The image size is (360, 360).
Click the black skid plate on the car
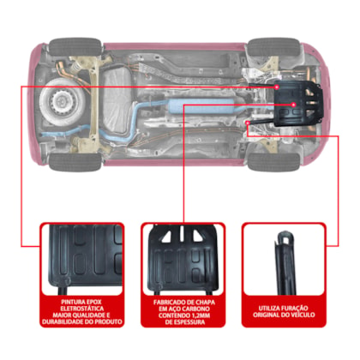pyautogui.click(x=298, y=104)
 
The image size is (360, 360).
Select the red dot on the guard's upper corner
pyautogui.click(x=277, y=87)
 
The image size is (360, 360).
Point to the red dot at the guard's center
pyautogui.click(x=293, y=105)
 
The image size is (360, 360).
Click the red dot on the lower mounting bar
pyautogui.click(x=248, y=123)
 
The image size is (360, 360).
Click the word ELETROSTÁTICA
pyautogui.click(x=82, y=309)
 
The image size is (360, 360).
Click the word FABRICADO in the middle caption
pyautogui.click(x=168, y=302)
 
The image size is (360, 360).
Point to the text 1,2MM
pyautogui.click(x=200, y=315)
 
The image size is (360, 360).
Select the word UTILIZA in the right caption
pyautogui.click(x=269, y=308)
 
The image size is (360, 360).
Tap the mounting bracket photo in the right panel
pyautogui.click(x=285, y=263)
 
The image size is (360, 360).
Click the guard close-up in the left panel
pyautogui.click(x=82, y=260)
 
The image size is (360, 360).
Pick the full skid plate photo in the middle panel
pyautogui.click(x=183, y=260)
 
